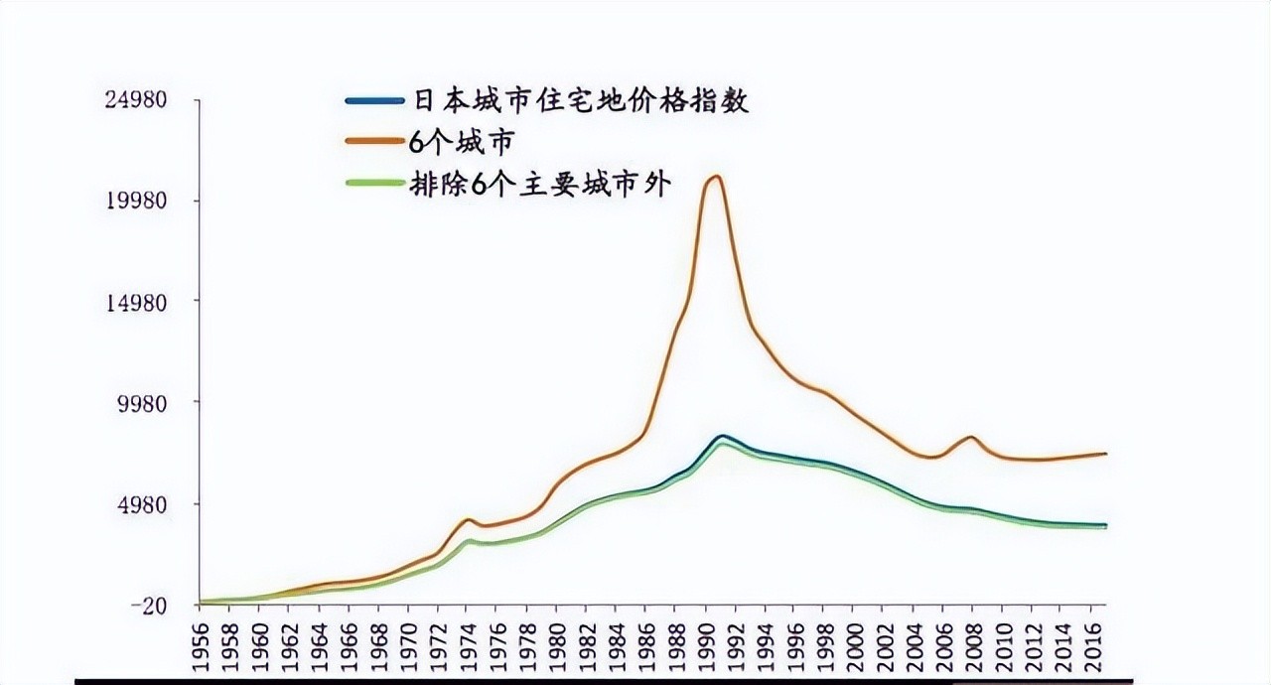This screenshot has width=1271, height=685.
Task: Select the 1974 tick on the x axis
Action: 470,643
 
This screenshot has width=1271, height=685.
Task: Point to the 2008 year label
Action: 972,643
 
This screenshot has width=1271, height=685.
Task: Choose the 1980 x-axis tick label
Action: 559,643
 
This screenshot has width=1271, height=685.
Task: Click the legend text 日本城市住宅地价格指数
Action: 579,101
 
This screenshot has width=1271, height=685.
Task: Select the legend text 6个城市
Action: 463,142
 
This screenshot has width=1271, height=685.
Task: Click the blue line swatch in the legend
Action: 373,101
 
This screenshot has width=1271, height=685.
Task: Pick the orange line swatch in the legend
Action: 373,142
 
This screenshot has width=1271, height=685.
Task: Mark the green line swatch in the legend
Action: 373,185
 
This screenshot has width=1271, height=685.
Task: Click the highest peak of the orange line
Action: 713,177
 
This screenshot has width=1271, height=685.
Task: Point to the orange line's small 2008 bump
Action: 970,437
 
